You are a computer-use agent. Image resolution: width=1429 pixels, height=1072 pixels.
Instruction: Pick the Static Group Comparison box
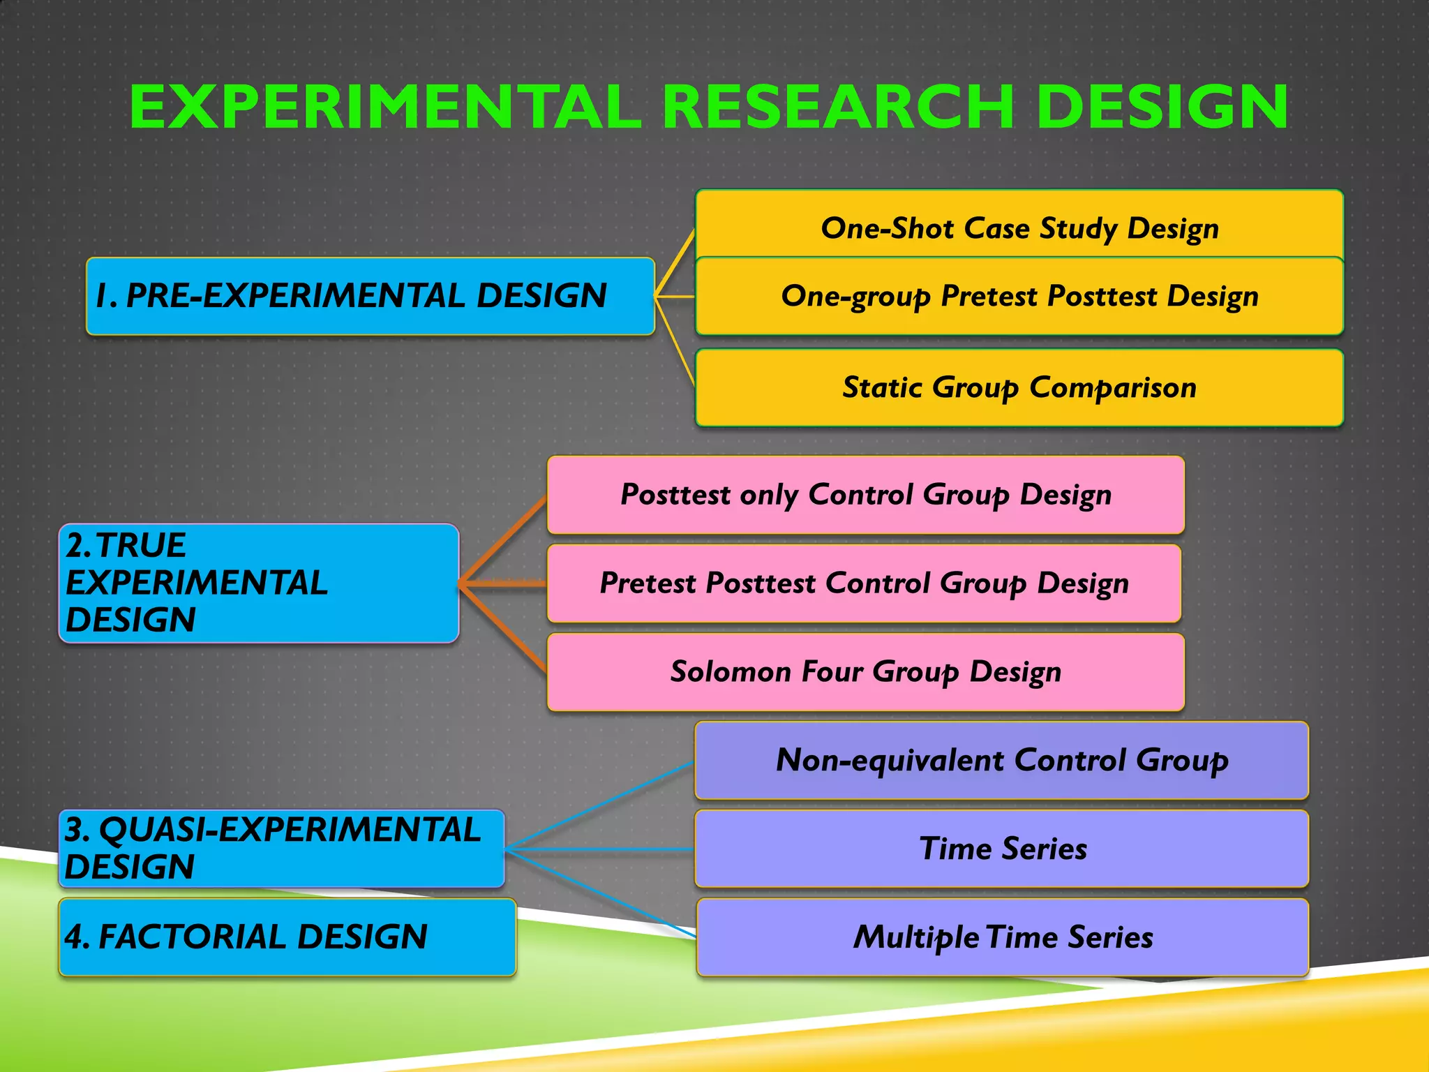[1019, 388]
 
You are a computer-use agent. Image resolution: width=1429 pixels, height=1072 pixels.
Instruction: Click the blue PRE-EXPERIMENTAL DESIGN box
[370, 296]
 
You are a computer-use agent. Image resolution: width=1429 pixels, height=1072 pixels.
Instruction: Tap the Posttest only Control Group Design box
[865, 495]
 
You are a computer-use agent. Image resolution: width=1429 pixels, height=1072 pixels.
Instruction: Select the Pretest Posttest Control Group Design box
[864, 583]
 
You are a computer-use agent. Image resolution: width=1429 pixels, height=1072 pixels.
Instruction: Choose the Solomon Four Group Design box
[865, 672]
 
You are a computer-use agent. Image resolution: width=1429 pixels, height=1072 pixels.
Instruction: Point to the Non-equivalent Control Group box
[1001, 760]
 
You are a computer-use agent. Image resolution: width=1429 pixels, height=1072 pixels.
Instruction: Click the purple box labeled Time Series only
[1001, 849]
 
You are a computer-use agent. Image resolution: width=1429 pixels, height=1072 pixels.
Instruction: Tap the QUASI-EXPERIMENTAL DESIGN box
[280, 848]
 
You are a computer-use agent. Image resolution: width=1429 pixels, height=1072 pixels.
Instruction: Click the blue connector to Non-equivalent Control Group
[600, 805]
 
